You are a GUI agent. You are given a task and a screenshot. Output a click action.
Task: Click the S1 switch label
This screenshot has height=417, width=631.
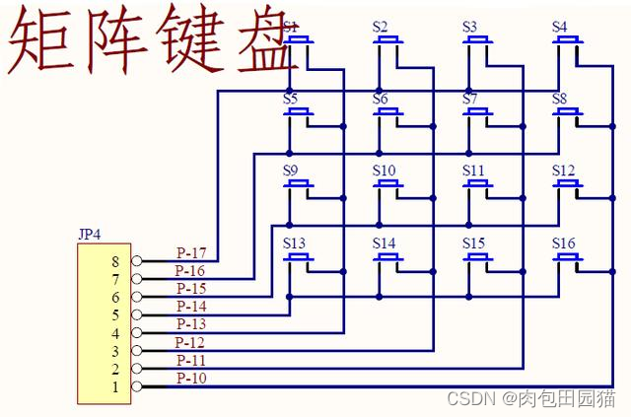[291, 27]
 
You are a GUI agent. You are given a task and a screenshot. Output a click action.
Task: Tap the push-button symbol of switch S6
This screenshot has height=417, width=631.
[388, 111]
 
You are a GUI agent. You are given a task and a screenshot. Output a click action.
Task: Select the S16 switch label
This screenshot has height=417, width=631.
[563, 243]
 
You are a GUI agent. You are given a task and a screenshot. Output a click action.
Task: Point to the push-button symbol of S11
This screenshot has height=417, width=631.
[477, 184]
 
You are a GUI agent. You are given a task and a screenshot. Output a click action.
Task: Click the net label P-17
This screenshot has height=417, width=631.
[191, 252]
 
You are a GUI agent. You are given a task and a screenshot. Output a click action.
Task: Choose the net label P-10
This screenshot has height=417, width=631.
[191, 379]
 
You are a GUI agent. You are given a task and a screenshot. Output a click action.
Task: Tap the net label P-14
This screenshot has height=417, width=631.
[191, 307]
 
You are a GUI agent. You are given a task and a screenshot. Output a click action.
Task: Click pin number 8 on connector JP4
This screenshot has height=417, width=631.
[115, 262]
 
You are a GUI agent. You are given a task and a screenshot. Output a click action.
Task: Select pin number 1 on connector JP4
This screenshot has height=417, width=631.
[115, 387]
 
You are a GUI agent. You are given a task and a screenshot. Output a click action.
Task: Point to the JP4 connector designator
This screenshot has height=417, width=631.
[90, 235]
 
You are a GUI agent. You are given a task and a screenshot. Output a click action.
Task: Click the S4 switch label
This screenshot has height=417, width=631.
[560, 27]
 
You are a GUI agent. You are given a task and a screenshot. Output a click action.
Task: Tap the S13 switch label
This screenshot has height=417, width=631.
[294, 243]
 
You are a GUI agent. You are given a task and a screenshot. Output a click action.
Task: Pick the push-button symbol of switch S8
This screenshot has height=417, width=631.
[567, 111]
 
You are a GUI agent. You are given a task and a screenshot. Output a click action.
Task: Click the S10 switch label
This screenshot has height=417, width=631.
[384, 171]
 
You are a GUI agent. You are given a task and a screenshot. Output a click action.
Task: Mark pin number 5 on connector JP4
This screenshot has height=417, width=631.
[115, 315]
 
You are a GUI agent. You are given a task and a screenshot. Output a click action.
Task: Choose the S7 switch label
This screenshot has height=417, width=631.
[469, 99]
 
